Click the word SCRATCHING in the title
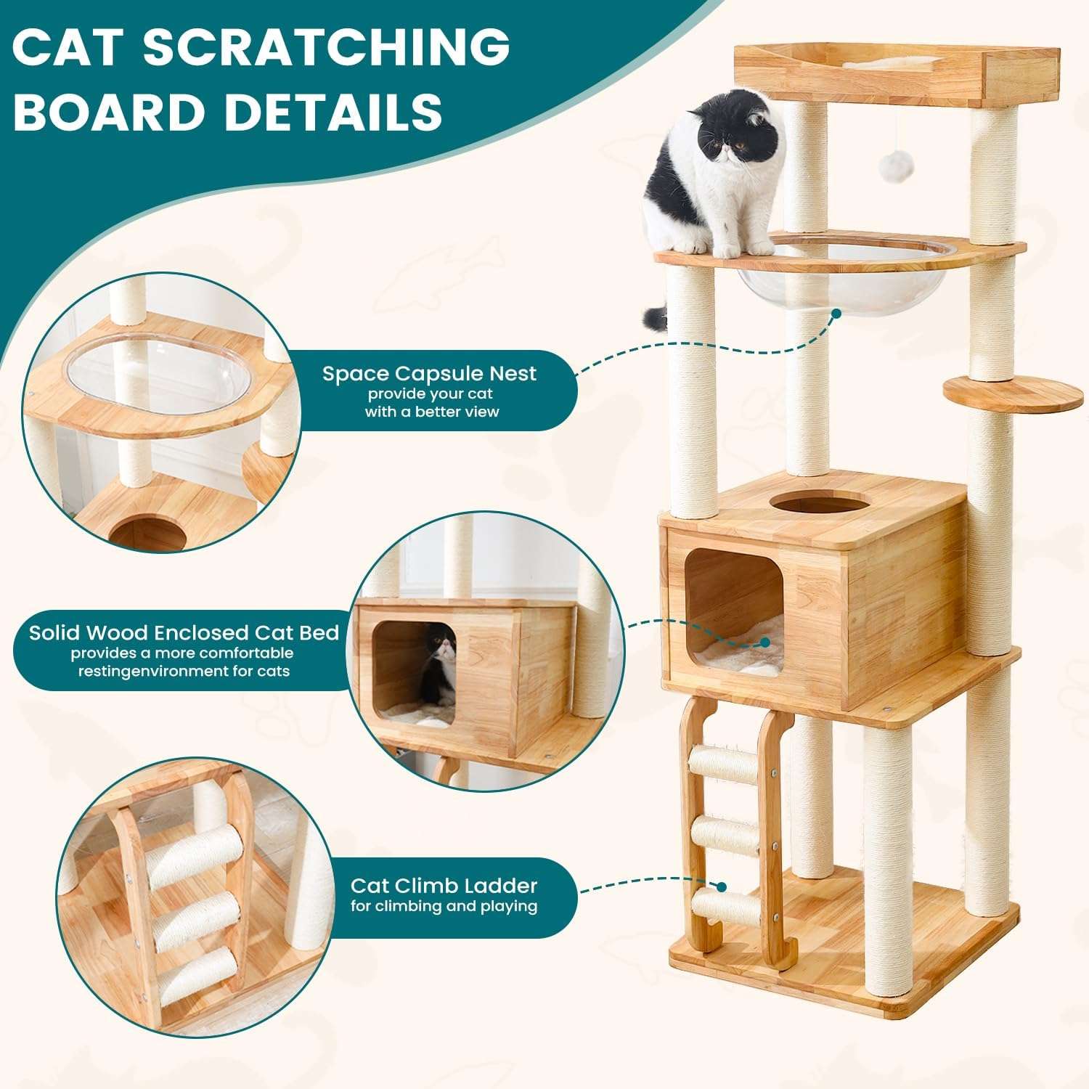pyautogui.click(x=326, y=46)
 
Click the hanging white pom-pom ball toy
pyautogui.click(x=891, y=166)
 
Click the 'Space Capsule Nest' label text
pyautogui.click(x=429, y=374)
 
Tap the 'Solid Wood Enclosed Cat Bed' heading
pyautogui.click(x=184, y=632)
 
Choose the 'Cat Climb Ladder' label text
pyautogui.click(x=444, y=886)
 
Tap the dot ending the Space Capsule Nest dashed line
pyautogui.click(x=836, y=314)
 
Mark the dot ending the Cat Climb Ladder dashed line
pyautogui.click(x=722, y=886)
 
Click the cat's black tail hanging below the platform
pyautogui.click(x=656, y=317)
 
